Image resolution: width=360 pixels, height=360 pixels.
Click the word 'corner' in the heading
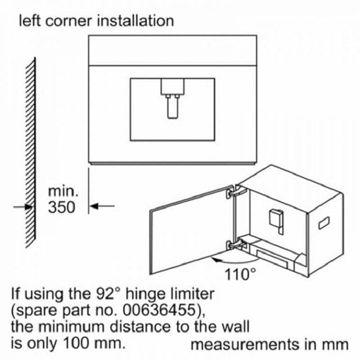click(68, 21)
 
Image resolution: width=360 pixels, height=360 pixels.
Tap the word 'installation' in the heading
click(135, 21)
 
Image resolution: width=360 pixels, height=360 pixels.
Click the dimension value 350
click(62, 207)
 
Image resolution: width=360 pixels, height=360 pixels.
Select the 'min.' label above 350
click(63, 192)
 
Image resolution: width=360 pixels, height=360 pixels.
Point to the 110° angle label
click(240, 274)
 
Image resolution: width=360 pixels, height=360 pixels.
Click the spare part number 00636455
click(159, 310)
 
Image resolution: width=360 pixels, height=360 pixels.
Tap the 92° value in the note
click(108, 294)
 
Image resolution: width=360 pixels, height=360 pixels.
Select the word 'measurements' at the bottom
click(244, 345)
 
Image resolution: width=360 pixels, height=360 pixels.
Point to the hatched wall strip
click(31, 153)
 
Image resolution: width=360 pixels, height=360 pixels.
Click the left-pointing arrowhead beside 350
click(94, 206)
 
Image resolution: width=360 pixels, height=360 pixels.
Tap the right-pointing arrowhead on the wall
click(29, 207)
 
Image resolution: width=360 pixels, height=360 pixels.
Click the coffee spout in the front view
click(172, 99)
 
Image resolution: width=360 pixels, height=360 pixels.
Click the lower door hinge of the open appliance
click(235, 245)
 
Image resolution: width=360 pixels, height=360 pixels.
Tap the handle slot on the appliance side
click(324, 223)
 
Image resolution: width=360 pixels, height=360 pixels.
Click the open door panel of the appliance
click(192, 230)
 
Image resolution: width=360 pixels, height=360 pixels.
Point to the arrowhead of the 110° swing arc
click(216, 260)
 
